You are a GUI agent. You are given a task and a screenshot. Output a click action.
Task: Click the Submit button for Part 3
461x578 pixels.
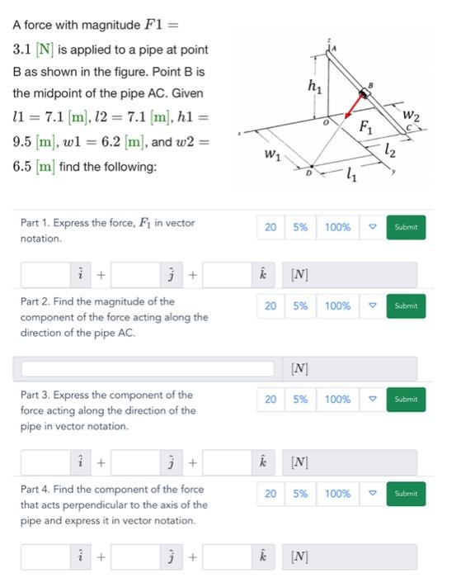pyautogui.click(x=406, y=400)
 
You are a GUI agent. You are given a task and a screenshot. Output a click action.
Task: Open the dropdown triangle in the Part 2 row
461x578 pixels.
pyautogui.click(x=372, y=306)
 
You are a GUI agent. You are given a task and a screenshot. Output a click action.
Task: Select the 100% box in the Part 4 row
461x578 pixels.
pyautogui.click(x=337, y=494)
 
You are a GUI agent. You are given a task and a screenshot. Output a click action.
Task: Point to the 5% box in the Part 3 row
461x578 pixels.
pyautogui.click(x=300, y=400)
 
